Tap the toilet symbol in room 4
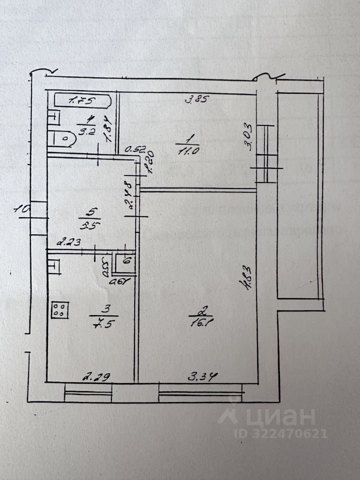63,138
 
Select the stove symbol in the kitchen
59,310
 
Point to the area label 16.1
196,323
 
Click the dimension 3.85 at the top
196,98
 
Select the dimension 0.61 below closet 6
120,280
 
